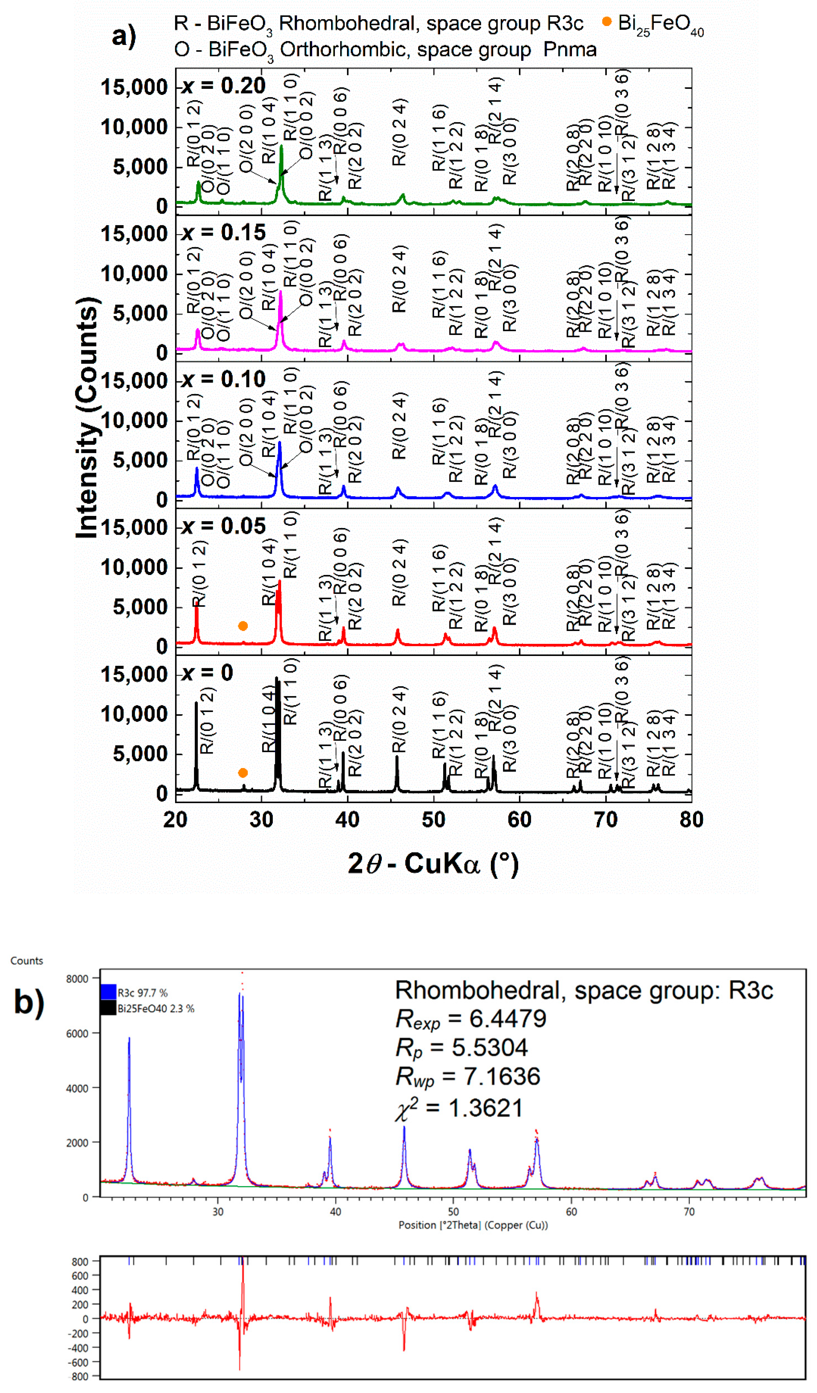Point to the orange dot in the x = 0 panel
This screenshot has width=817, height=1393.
pyautogui.click(x=243, y=773)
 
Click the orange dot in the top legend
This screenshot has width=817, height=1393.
pyautogui.click(x=606, y=22)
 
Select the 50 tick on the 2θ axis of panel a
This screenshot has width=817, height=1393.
pyautogui.click(x=433, y=819)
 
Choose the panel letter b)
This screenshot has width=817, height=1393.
pyautogui.click(x=29, y=1002)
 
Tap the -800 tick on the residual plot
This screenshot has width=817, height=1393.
pyautogui.click(x=79, y=1376)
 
